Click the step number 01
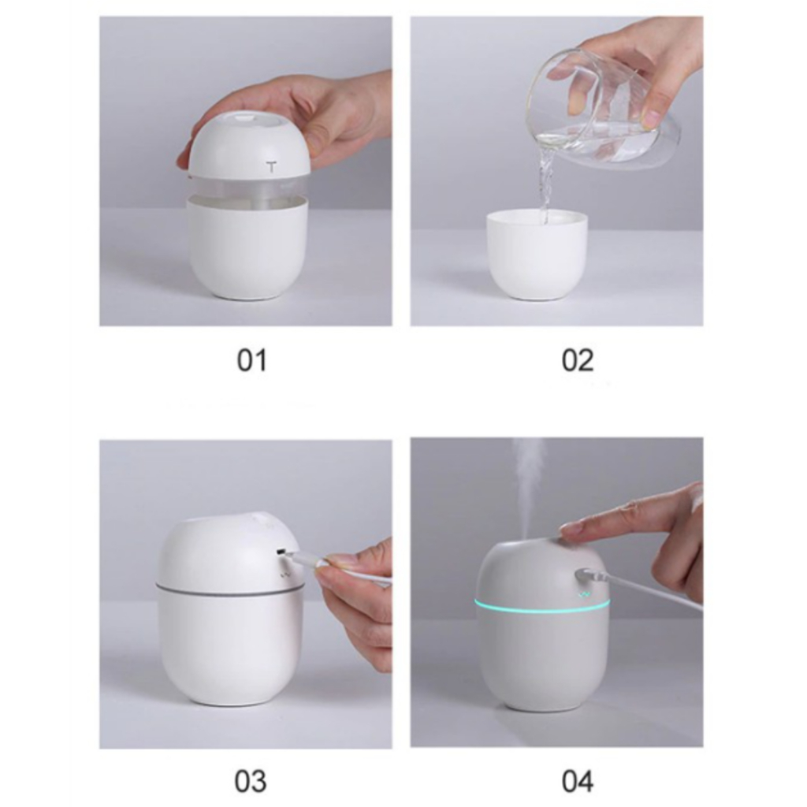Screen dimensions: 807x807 (x=251, y=360)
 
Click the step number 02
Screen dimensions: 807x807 (x=577, y=360)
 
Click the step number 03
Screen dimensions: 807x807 (x=251, y=781)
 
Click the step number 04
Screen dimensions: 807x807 (x=578, y=781)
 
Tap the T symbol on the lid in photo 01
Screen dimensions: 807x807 (x=272, y=167)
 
